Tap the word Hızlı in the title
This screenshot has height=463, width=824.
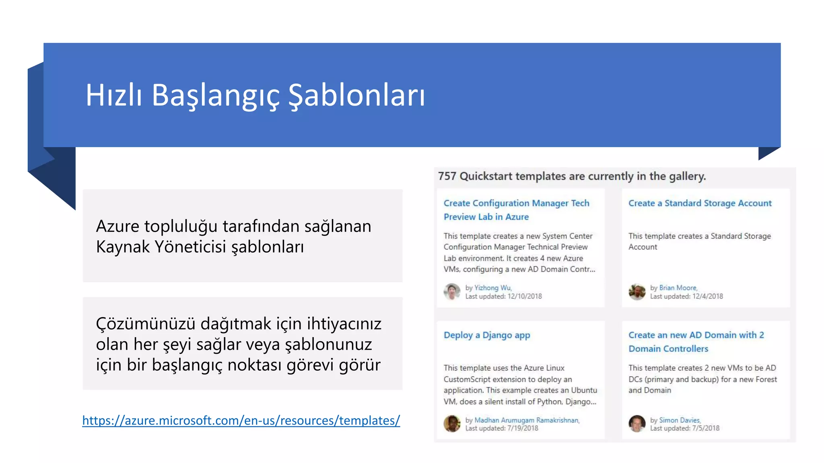[x=114, y=96]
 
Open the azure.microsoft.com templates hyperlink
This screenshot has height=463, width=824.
[x=241, y=420]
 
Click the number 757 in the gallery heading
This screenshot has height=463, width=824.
[x=447, y=176]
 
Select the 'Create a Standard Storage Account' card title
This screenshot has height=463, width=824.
[x=700, y=203]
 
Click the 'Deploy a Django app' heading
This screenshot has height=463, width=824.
[x=486, y=335]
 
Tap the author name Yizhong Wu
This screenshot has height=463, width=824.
[x=492, y=288]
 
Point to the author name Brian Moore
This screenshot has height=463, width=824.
[x=678, y=288]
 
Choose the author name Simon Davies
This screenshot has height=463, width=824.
[x=680, y=420]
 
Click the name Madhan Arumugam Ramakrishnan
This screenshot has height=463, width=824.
[x=527, y=420]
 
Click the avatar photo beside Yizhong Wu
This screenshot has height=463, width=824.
[x=452, y=292]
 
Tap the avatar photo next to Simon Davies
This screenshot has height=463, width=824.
[x=637, y=424]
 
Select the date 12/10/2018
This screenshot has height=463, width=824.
[x=525, y=296]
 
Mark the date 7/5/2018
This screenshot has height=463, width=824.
[x=706, y=428]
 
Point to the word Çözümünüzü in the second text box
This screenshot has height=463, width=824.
[x=145, y=324]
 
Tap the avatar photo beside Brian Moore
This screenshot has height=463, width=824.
[x=637, y=292]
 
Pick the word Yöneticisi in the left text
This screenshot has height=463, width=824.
[x=190, y=247]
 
